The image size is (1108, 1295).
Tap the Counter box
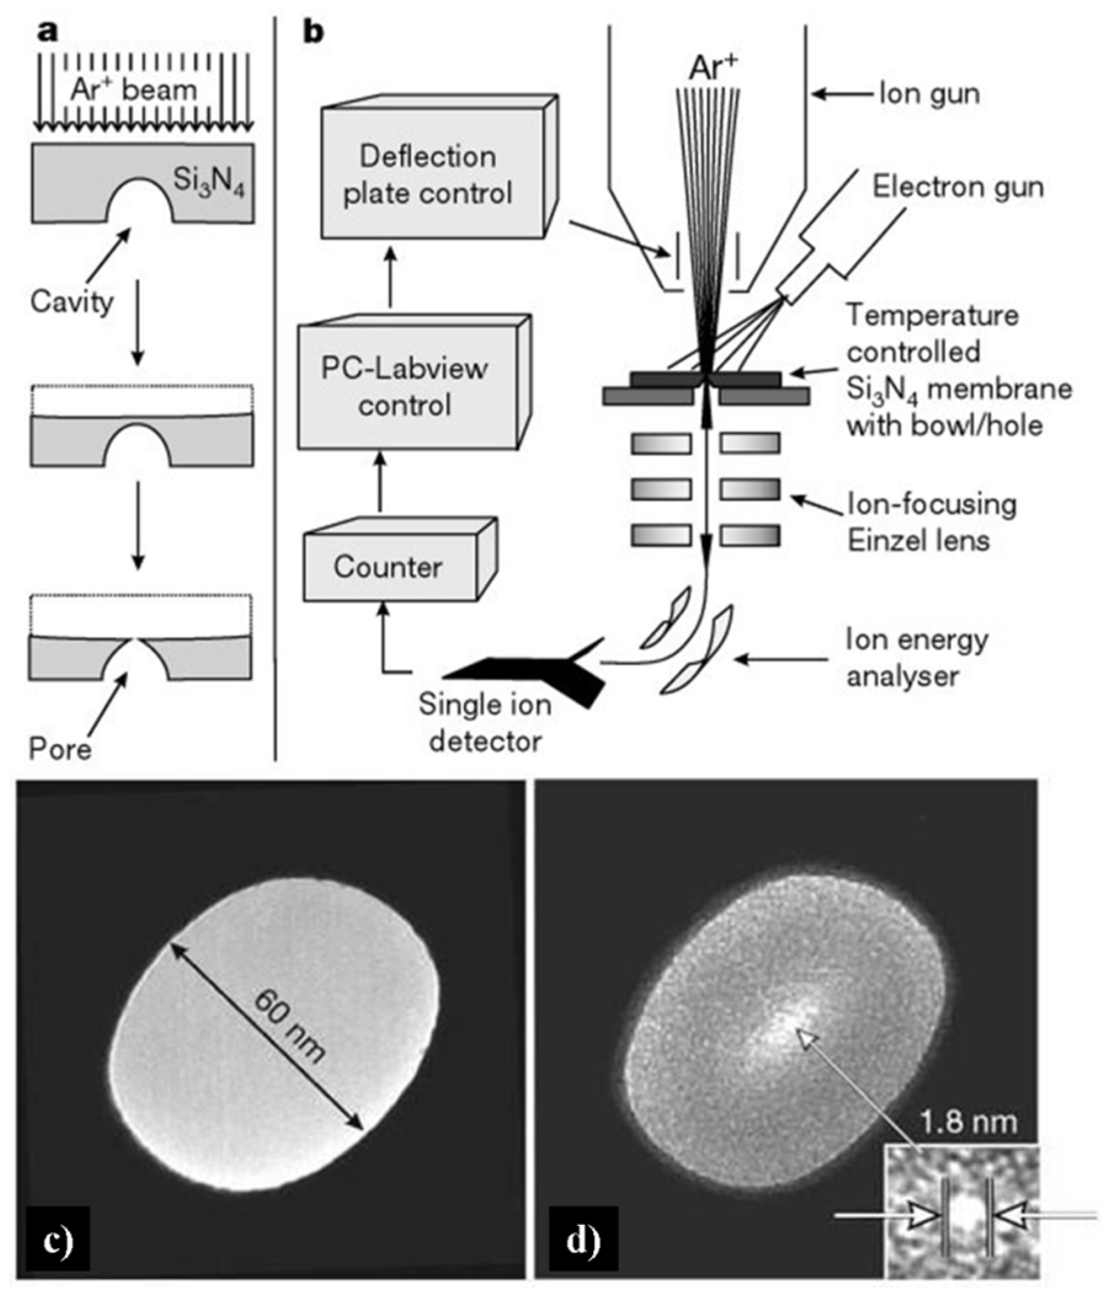pyautogui.click(x=388, y=567)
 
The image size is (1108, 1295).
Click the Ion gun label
pyautogui.click(x=929, y=94)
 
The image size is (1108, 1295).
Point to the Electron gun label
pyautogui.click(x=958, y=187)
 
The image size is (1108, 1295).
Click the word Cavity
pyautogui.click(x=72, y=302)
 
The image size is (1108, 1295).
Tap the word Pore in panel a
pyautogui.click(x=60, y=748)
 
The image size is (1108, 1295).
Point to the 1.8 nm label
pyautogui.click(x=967, y=1122)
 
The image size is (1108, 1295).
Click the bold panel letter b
pyautogui.click(x=313, y=31)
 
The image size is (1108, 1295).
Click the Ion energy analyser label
pyautogui.click(x=916, y=657)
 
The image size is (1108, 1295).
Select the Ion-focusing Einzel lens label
pyautogui.click(x=931, y=522)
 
